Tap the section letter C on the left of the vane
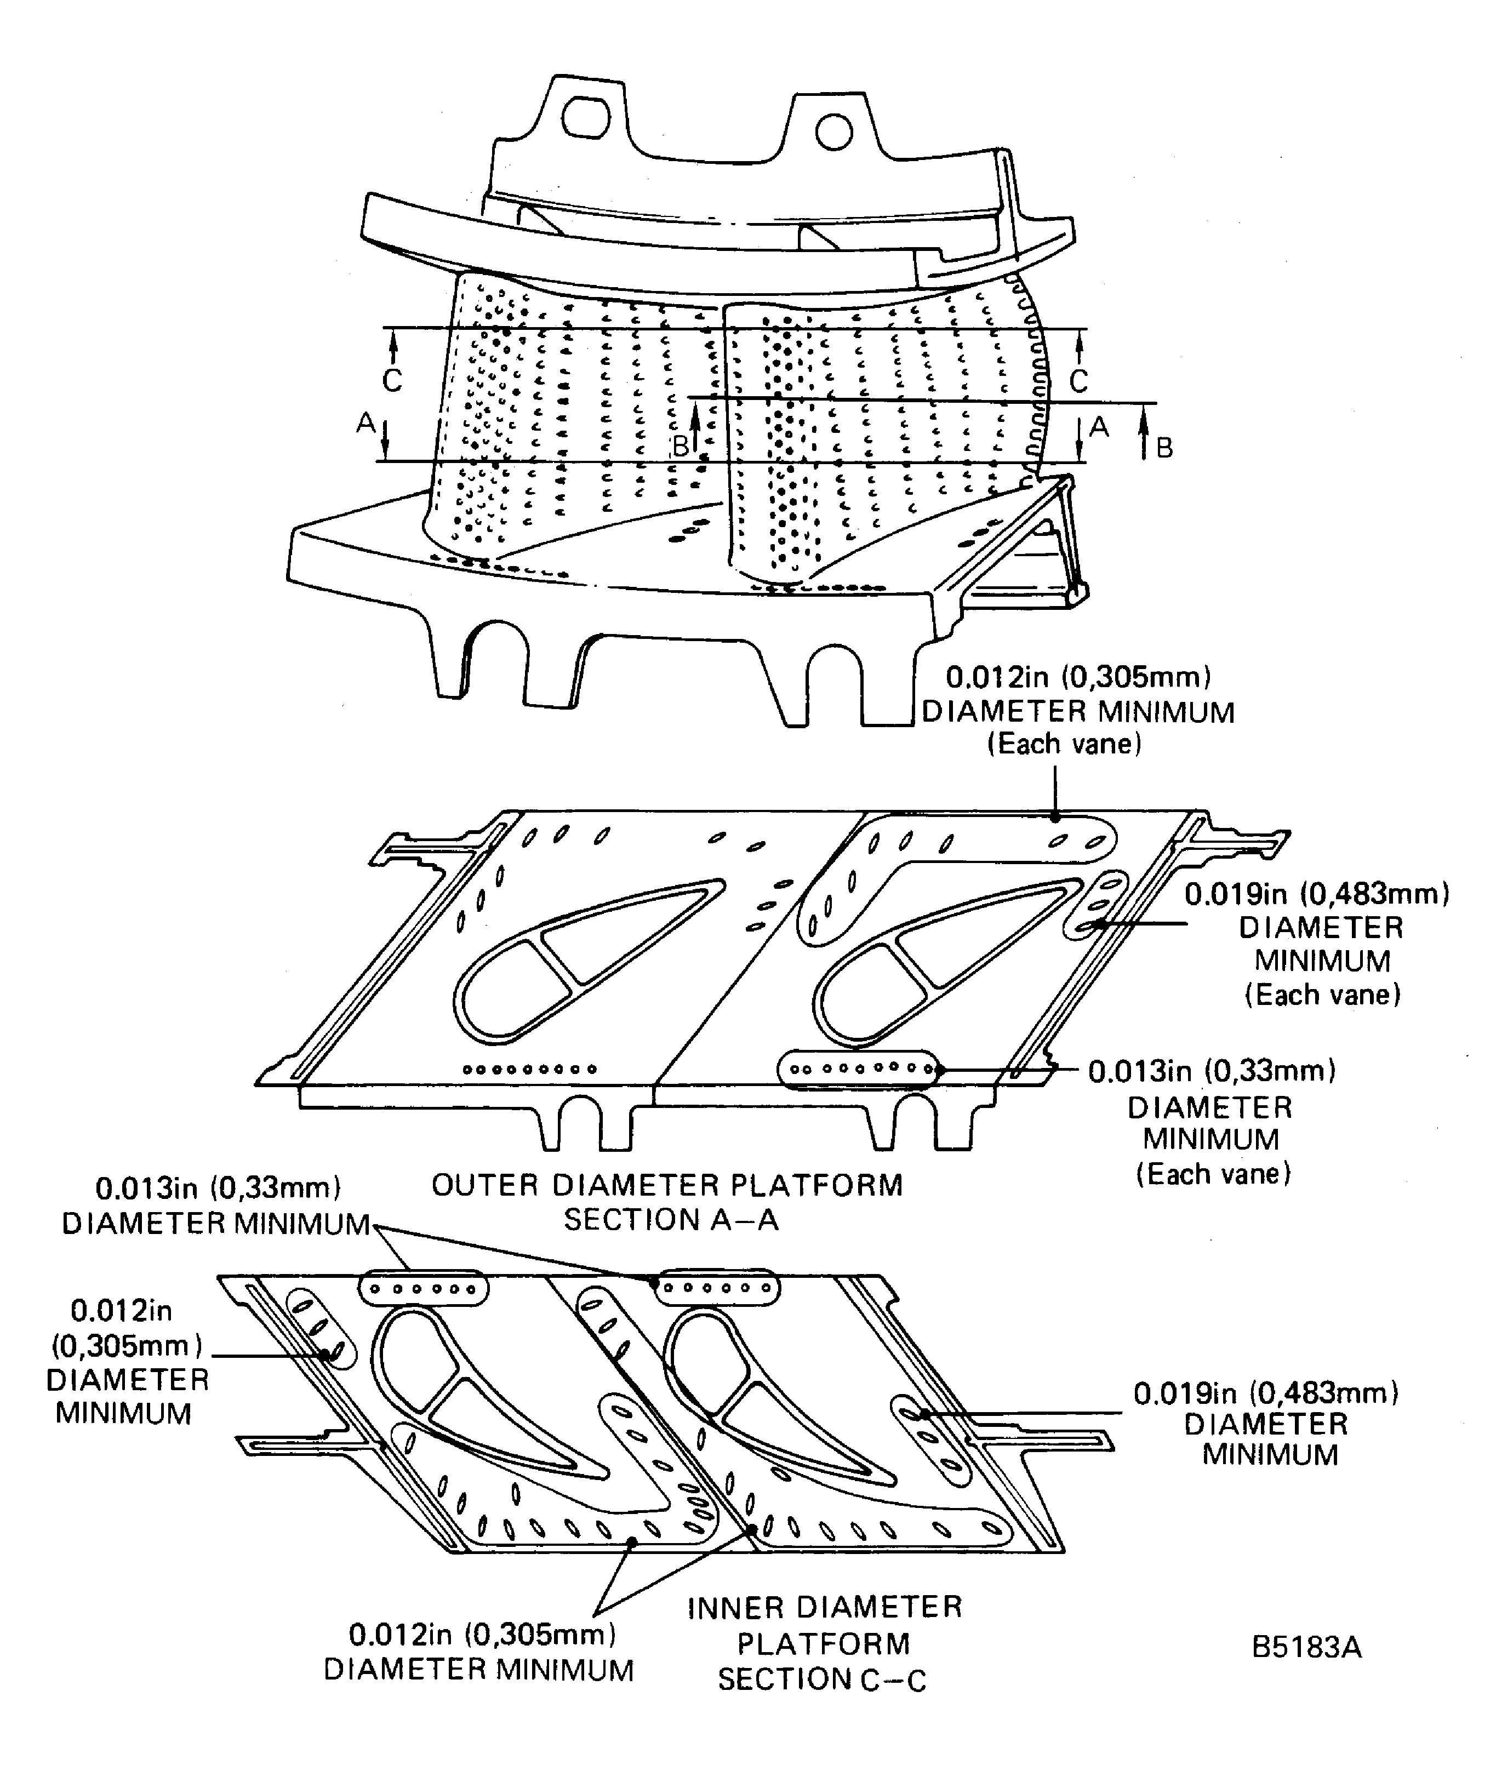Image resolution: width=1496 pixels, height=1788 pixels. [392, 380]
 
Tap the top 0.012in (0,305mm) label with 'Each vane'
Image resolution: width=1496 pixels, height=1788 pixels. [1078, 710]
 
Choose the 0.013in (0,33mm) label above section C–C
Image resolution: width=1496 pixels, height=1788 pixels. [217, 1205]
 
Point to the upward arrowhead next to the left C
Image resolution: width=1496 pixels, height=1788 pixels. [392, 342]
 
